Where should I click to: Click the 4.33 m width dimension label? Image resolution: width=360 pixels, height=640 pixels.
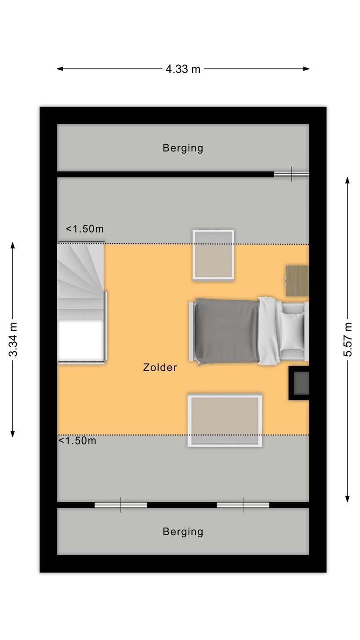tap(183, 69)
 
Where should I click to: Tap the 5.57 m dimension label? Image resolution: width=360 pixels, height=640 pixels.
tap(348, 340)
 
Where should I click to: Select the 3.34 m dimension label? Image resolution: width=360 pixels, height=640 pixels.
tap(13, 340)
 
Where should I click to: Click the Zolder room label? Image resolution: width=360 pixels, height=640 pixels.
tap(160, 368)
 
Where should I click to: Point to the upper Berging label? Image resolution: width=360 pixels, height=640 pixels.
tap(183, 148)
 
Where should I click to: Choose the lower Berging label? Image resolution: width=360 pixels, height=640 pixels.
tap(183, 532)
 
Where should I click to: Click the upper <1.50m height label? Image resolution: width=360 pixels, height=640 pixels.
tap(84, 229)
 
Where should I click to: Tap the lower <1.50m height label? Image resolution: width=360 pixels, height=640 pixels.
tap(77, 440)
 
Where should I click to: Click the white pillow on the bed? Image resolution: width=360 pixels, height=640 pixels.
tap(292, 331)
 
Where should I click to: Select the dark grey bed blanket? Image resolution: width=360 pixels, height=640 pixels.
tap(227, 332)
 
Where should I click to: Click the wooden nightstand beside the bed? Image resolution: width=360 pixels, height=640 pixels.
tap(297, 281)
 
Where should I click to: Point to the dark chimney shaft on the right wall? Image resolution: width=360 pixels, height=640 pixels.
tap(299, 383)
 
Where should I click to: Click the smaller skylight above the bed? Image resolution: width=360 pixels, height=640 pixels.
tap(213, 255)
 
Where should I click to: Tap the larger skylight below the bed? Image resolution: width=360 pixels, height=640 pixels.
tap(225, 420)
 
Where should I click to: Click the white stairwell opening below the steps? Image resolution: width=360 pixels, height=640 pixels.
tap(81, 340)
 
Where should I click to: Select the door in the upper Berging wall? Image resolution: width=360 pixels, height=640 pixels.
tap(292, 174)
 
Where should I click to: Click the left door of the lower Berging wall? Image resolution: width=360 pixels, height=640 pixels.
tap(121, 505)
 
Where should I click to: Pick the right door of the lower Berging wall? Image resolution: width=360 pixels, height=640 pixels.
tap(243, 505)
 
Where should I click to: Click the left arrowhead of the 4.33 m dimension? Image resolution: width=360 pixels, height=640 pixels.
tap(60, 69)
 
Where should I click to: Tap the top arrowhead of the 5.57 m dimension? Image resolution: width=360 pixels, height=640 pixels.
tap(348, 180)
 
